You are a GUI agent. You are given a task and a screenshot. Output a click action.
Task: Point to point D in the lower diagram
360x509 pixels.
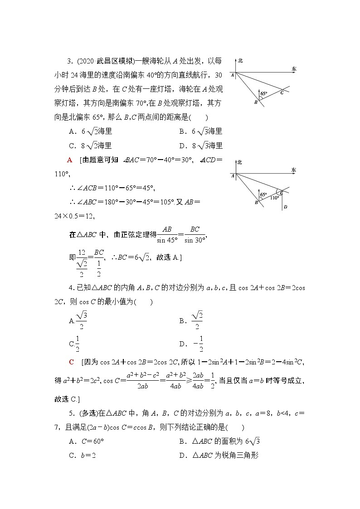(x=285, y=208)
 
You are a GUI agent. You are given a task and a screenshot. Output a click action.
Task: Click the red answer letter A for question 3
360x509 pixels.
(x=69, y=160)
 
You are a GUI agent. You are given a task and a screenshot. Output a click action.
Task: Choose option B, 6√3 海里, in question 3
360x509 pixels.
(x=201, y=131)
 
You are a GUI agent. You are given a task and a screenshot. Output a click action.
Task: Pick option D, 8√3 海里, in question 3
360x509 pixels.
(x=201, y=145)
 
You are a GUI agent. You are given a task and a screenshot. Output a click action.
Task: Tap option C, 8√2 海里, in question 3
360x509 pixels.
(x=90, y=145)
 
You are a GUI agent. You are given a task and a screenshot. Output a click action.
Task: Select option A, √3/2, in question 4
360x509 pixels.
(x=78, y=320)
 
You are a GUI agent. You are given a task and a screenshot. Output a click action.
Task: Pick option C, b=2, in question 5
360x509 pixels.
(x=82, y=456)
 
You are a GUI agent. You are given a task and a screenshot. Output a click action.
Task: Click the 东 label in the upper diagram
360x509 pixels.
(x=294, y=69)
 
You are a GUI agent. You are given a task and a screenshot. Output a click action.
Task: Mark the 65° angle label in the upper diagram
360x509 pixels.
(x=264, y=93)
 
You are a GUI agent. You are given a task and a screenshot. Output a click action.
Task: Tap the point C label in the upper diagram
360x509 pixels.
(x=282, y=92)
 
